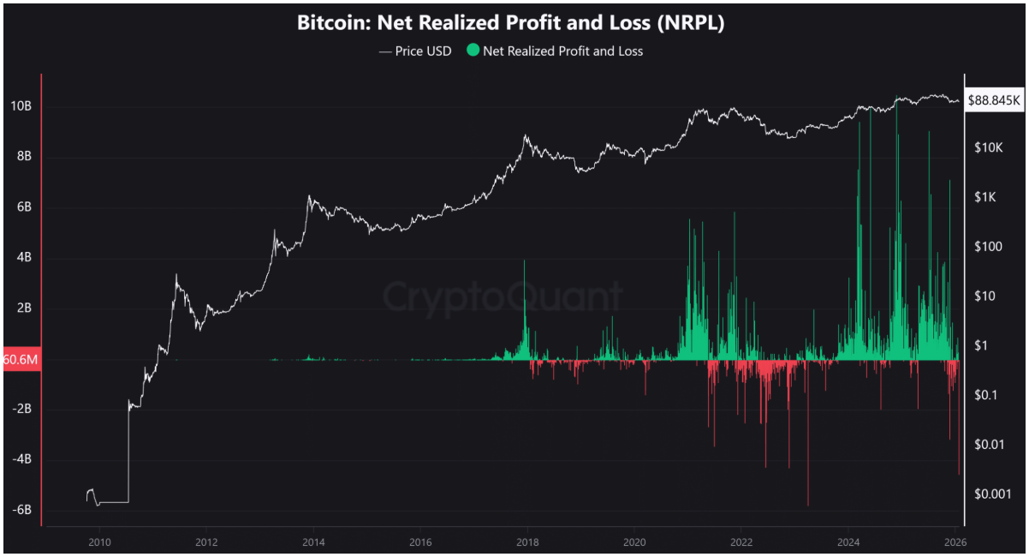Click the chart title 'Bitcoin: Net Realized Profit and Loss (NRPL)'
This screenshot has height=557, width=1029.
point(511,23)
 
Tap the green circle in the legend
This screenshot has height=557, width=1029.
point(473,51)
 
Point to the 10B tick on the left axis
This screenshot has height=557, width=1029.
point(21,106)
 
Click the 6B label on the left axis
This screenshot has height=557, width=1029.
point(21,207)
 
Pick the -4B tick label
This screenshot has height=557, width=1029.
point(21,459)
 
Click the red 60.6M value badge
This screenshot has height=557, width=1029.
point(21,359)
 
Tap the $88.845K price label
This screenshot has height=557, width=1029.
point(994,100)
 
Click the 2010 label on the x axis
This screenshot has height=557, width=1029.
point(99,542)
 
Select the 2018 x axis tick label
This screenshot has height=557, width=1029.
point(527,542)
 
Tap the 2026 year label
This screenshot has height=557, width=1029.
point(955,542)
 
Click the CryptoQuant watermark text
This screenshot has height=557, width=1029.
point(502,296)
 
